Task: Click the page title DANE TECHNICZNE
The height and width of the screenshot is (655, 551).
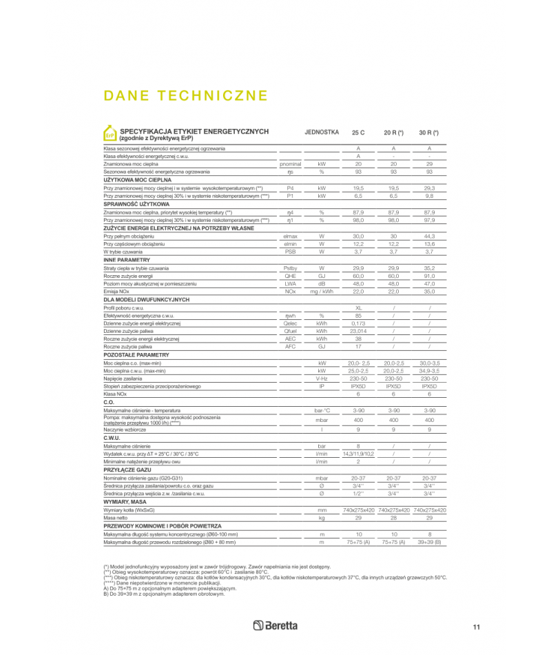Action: point(185,95)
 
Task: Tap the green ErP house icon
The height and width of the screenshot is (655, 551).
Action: point(110,134)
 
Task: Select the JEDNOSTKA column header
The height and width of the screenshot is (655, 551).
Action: point(321,132)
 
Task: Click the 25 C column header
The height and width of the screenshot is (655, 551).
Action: point(358,132)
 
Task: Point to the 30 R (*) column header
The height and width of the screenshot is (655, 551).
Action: point(429,132)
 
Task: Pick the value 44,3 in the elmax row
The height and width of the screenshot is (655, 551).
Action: point(429,236)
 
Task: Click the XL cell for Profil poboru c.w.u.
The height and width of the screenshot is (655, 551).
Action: point(358,307)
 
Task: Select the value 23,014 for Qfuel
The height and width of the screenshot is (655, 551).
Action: point(358,331)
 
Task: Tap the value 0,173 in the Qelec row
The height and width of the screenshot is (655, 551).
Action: point(358,323)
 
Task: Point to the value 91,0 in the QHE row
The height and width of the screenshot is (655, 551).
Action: point(429,275)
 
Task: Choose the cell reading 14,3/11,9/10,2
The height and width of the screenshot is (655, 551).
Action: point(358,454)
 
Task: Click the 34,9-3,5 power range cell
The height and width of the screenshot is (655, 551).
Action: point(429,370)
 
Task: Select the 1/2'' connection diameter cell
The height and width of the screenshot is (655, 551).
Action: point(358,493)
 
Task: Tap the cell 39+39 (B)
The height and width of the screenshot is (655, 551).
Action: point(429,542)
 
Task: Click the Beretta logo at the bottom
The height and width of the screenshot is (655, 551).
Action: point(275,625)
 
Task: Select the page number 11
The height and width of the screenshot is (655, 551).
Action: point(476,627)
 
